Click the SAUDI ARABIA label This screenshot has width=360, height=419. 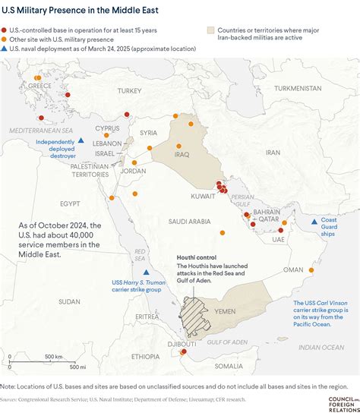click(x=188, y=221)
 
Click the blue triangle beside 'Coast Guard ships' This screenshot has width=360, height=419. click(x=314, y=221)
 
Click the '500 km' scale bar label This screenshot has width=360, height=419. click(x=53, y=356)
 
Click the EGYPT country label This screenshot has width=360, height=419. click(x=71, y=203)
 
